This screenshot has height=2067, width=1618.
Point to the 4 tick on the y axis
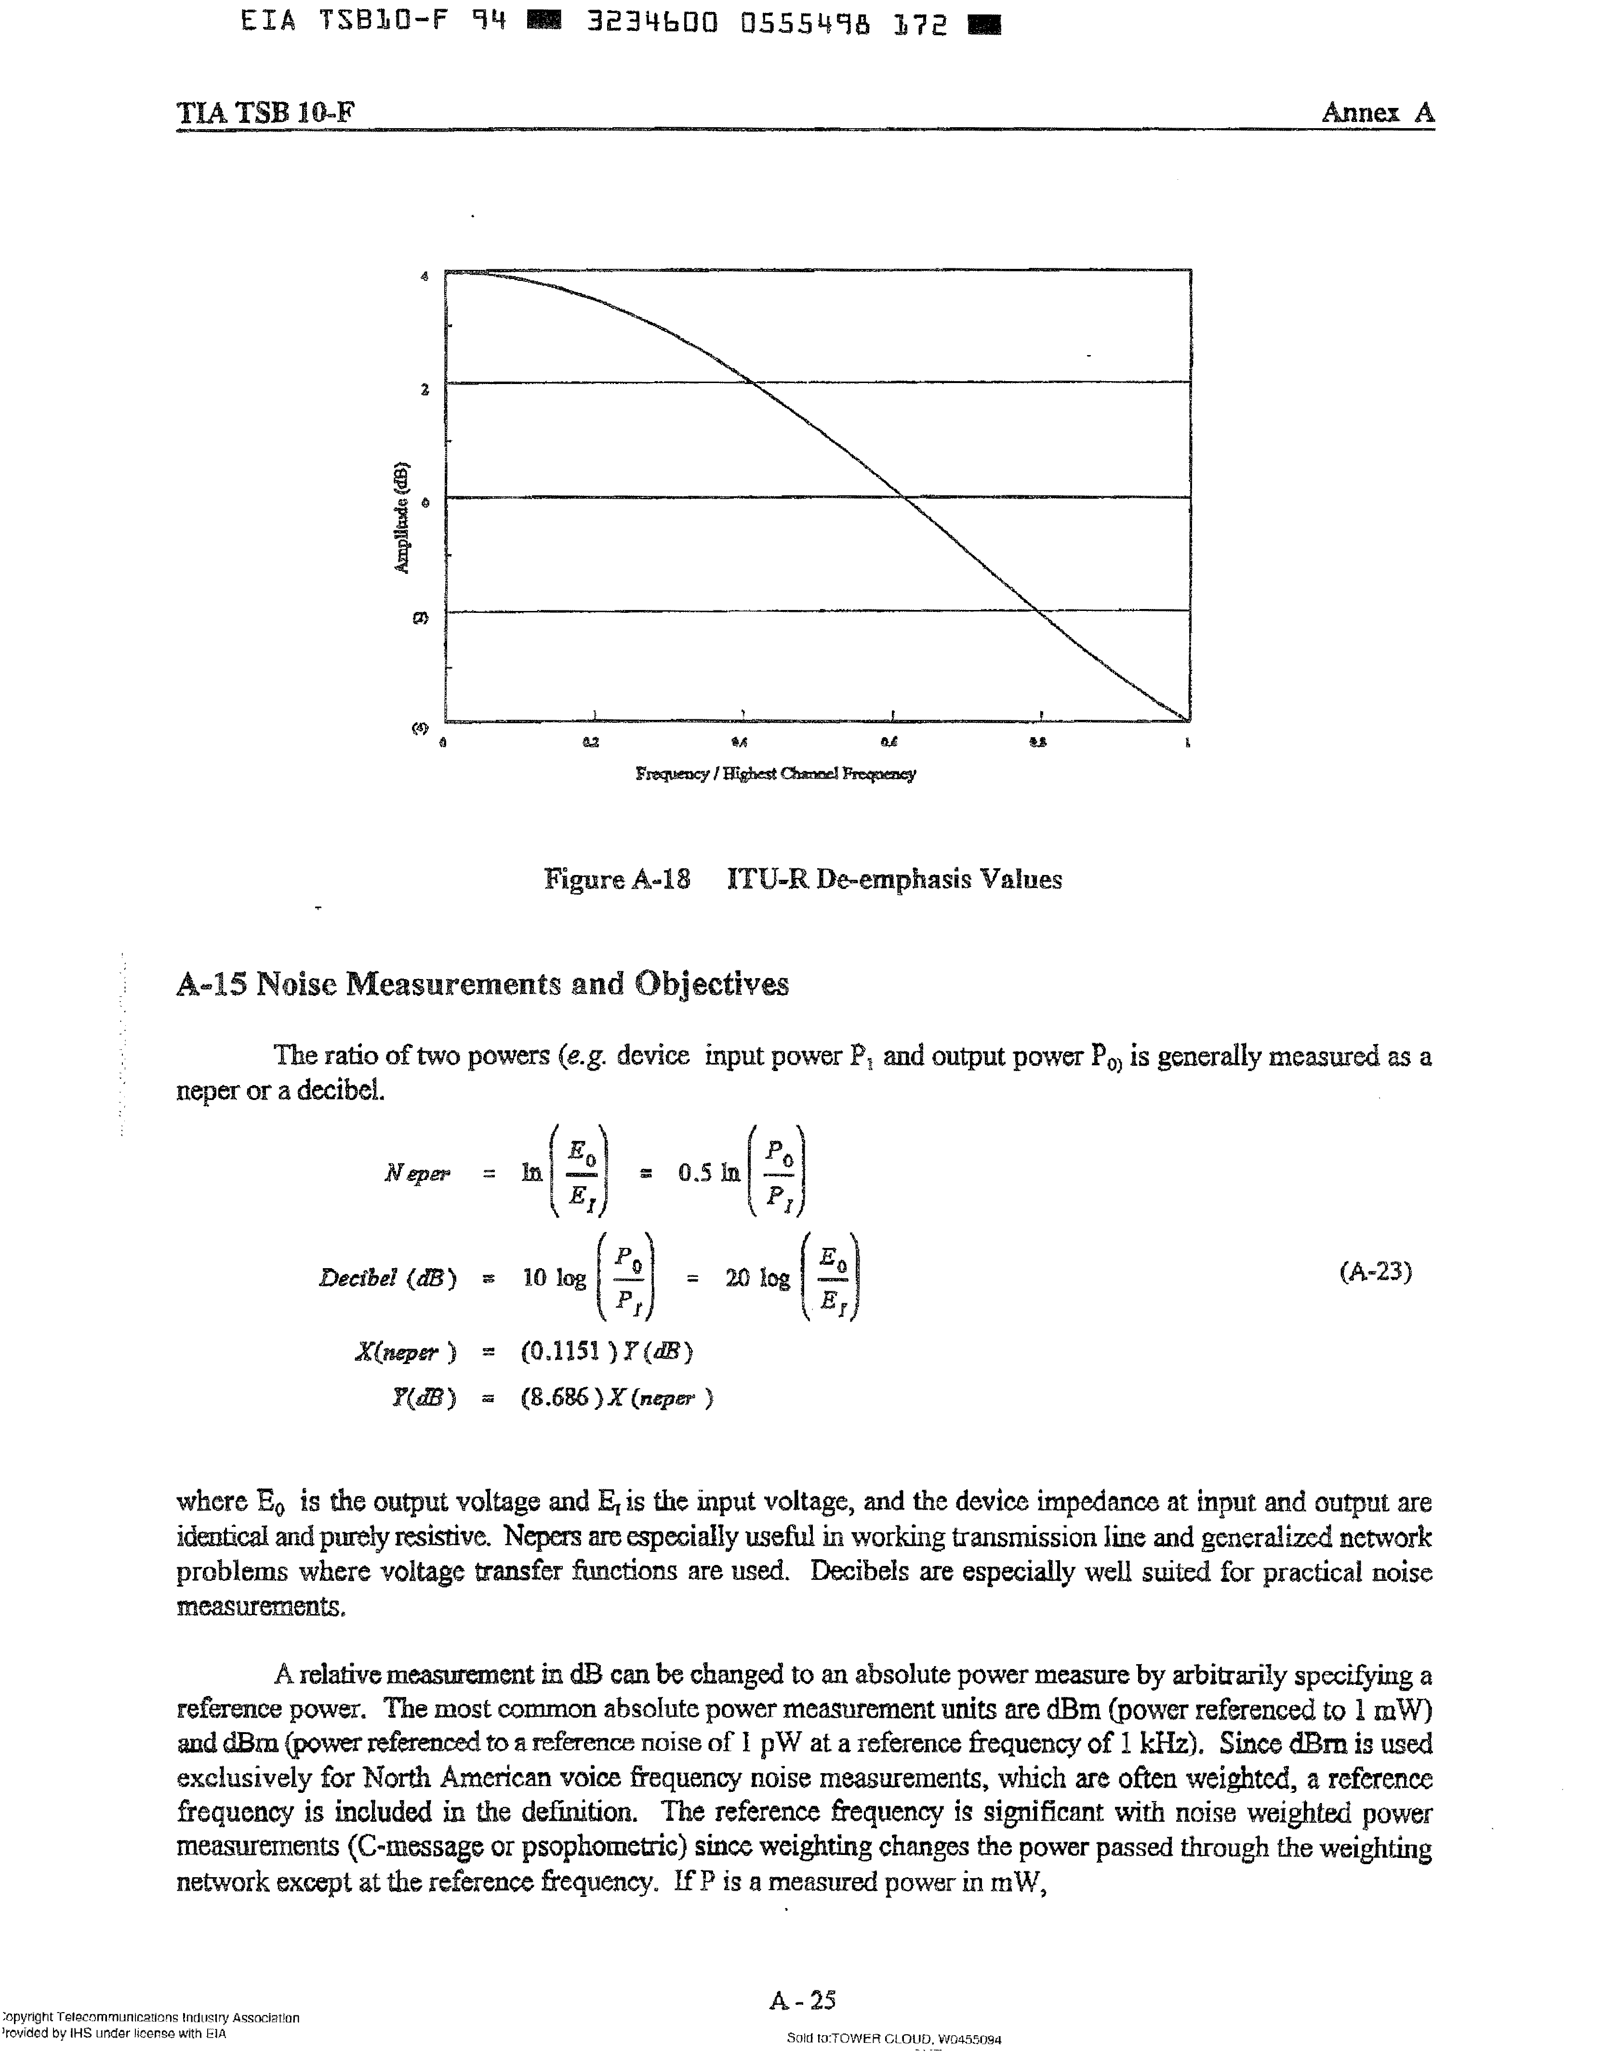point(424,277)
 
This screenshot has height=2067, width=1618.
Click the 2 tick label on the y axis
point(425,389)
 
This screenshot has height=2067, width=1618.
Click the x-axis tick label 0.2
point(591,742)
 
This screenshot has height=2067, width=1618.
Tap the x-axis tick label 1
point(1187,742)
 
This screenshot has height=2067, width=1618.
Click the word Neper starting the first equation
point(417,1173)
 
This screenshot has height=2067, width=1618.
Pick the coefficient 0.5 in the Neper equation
point(694,1173)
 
